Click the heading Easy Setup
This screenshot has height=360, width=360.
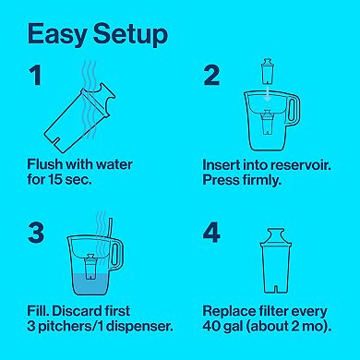tap(96, 34)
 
